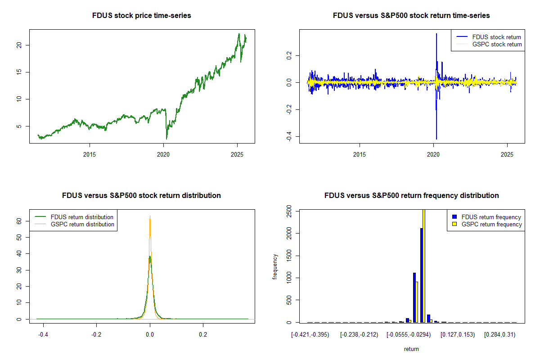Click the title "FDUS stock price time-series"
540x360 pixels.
click(142, 16)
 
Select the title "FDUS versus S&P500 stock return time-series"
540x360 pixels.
click(411, 16)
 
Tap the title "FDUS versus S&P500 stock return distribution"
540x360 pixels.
click(142, 196)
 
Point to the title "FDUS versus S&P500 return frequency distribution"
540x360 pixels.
click(411, 196)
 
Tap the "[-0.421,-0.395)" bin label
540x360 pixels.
click(310, 335)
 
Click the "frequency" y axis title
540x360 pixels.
click(275, 266)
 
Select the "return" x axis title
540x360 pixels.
click(411, 349)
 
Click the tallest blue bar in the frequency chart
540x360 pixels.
click(422, 275)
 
